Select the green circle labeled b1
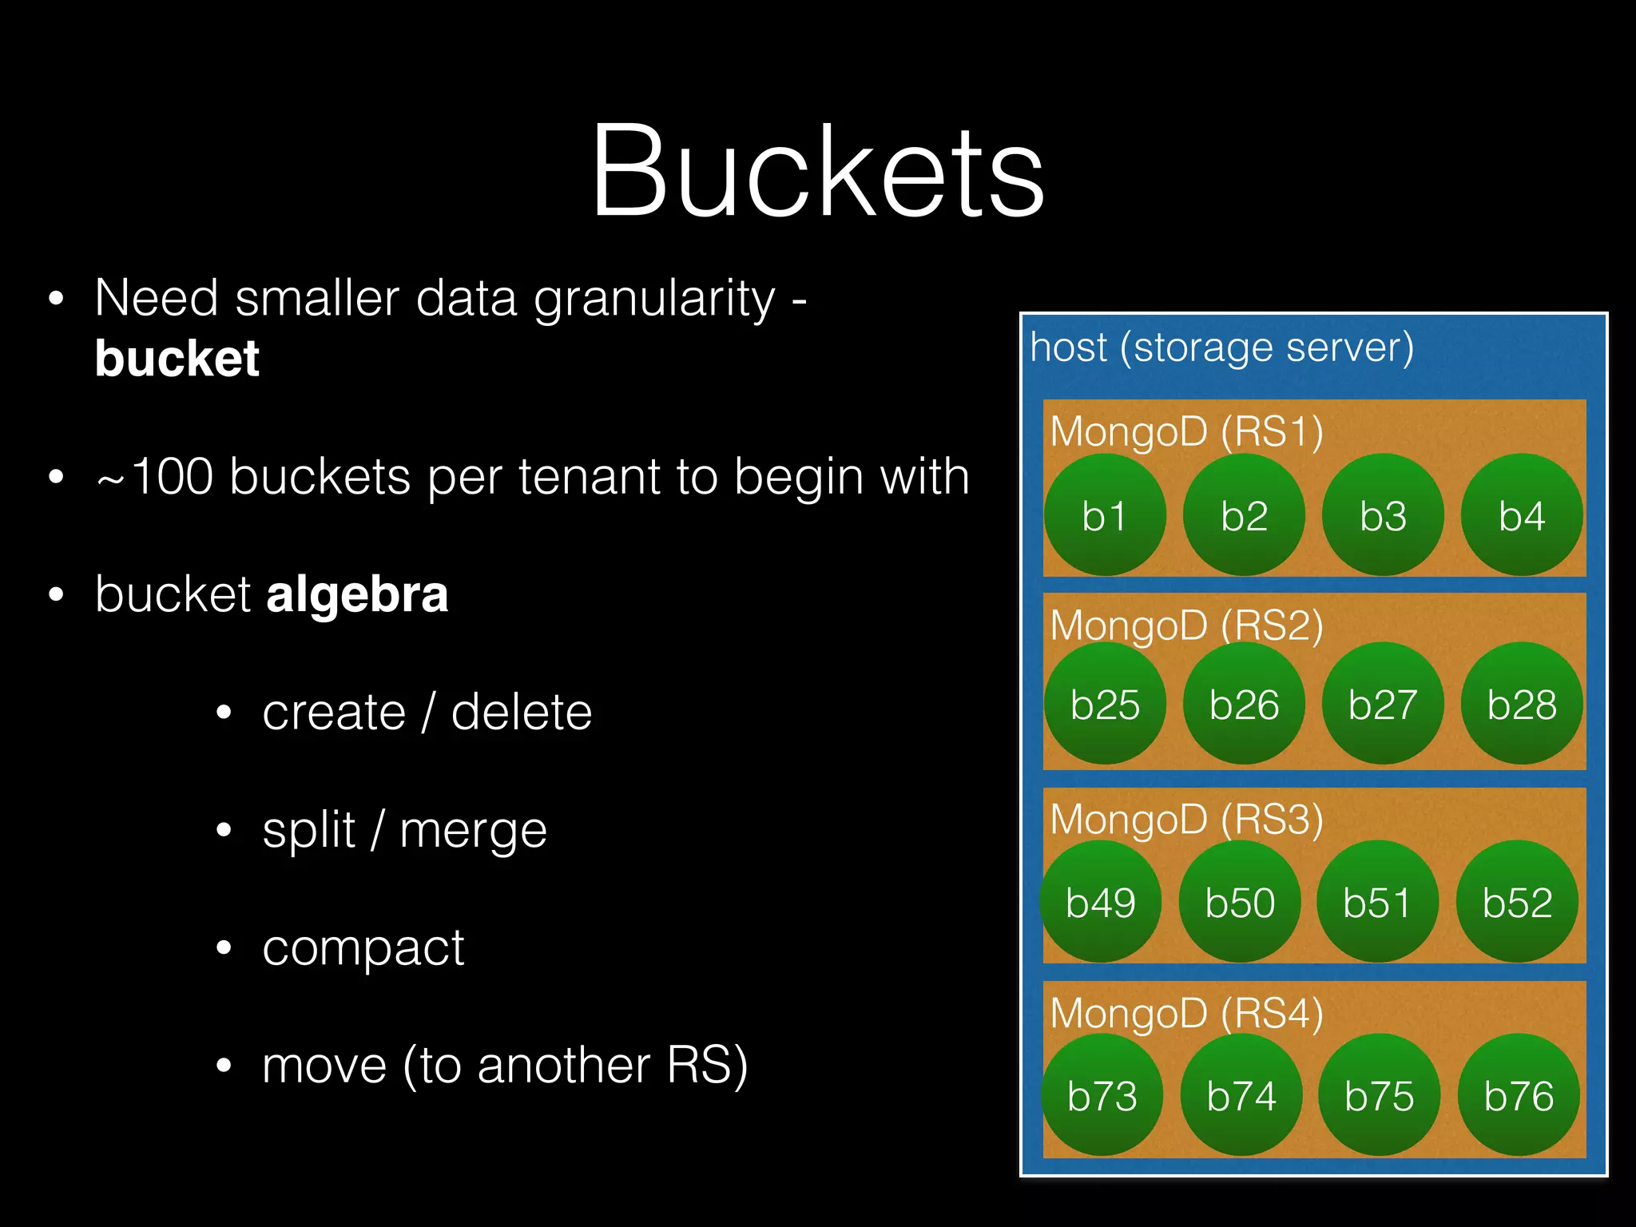coord(1104,515)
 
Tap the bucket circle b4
coord(1522,515)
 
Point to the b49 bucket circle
coord(1101,902)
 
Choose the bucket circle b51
coord(1377,902)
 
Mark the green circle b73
coord(1102,1095)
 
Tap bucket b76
coord(1519,1095)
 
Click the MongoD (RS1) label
coord(1186,431)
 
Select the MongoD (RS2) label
coord(1186,625)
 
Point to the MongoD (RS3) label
coord(1186,820)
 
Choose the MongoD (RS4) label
coord(1186,1013)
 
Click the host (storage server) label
coord(1221,347)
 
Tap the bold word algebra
coord(357,595)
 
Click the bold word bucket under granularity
coord(177,358)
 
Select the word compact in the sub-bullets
coord(363,948)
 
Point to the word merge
coord(473,830)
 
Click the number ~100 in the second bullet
coord(155,477)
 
